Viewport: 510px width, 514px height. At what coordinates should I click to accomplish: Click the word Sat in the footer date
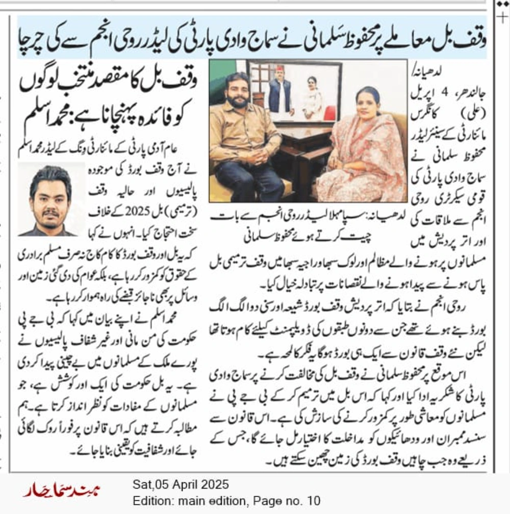(x=140, y=484)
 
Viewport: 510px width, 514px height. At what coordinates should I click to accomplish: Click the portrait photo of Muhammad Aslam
(x=50, y=199)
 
